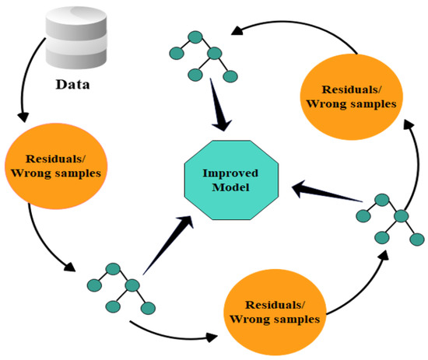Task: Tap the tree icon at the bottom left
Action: [x=119, y=286]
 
